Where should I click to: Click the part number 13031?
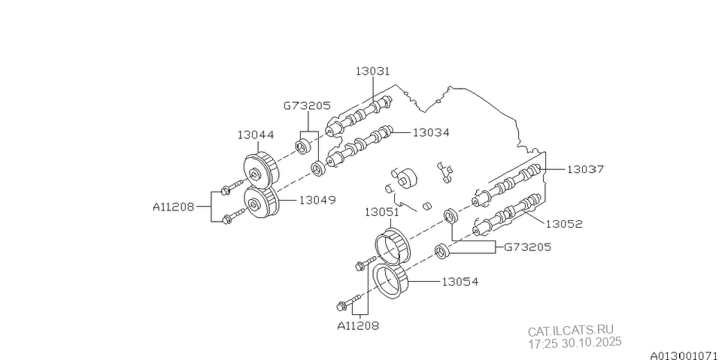tap(373, 71)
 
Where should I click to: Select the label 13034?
tap(430, 132)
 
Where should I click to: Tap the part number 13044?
tap(256, 135)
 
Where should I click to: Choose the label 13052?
tap(564, 223)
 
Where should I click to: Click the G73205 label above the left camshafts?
tap(307, 106)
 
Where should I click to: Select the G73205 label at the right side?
tap(527, 246)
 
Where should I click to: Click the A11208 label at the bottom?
tap(358, 325)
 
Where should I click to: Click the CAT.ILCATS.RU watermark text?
tap(570, 331)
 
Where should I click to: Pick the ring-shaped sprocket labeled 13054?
tap(392, 281)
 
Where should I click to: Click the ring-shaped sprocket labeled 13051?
tap(392, 244)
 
